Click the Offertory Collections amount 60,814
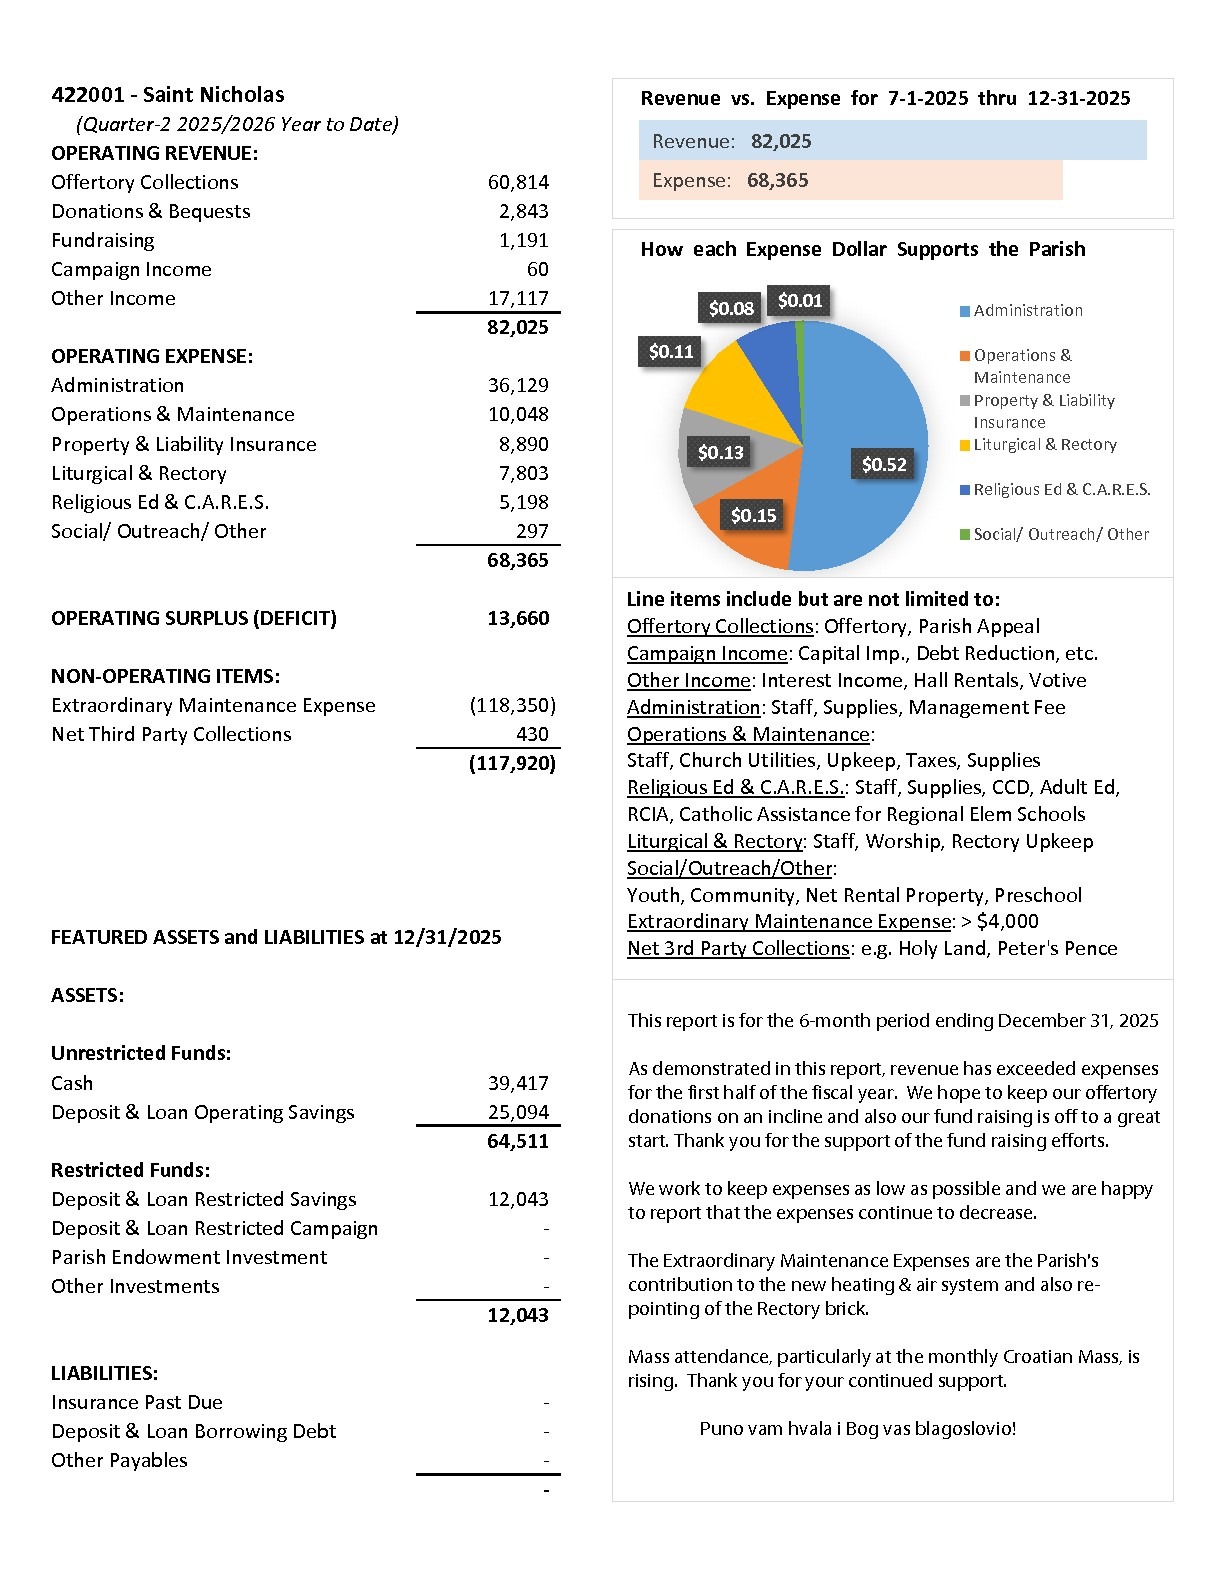[518, 182]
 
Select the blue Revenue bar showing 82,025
[892, 141]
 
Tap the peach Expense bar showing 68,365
[850, 180]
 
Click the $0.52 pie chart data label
[884, 464]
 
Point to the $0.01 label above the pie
[799, 301]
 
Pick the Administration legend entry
[1027, 311]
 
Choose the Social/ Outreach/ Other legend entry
[1060, 534]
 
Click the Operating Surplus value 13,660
[518, 618]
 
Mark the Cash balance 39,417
[518, 1083]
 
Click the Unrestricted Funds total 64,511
[518, 1141]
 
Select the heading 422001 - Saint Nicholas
[168, 95]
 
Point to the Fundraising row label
[103, 240]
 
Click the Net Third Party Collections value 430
[532, 734]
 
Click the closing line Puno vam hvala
[857, 1428]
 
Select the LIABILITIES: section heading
[104, 1373]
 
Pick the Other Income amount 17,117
[518, 298]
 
